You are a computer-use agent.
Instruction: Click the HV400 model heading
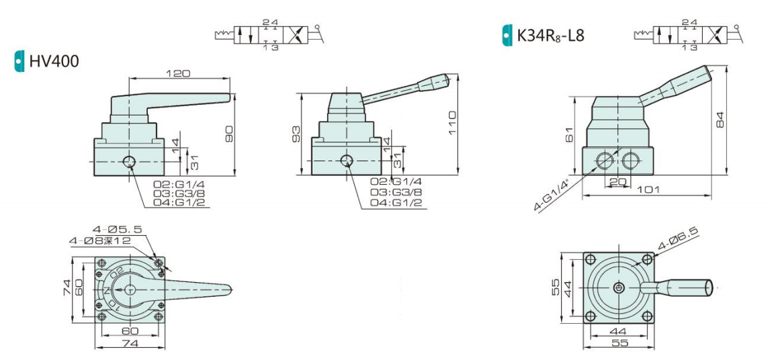tap(54, 61)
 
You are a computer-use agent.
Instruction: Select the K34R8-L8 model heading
tap(550, 35)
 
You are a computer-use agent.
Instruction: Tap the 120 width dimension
tap(178, 73)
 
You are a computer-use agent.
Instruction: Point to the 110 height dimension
tap(452, 124)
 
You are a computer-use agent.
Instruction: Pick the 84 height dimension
tap(720, 120)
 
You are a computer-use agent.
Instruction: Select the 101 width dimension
tap(646, 189)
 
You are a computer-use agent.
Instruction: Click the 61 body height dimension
tap(568, 134)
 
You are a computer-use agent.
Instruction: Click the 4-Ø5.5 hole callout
tap(117, 229)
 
